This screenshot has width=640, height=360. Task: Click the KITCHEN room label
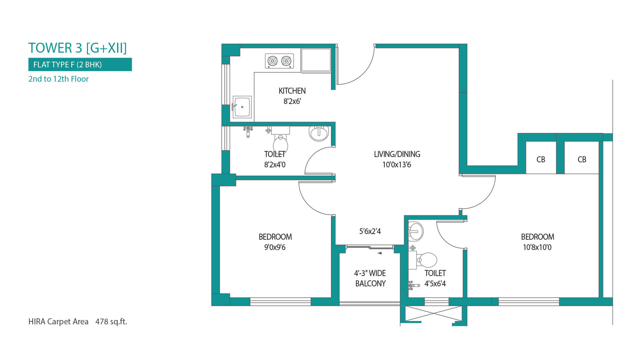click(x=292, y=91)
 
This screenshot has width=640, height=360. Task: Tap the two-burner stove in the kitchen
click(x=279, y=61)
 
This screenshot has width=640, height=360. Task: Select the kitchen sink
click(x=242, y=107)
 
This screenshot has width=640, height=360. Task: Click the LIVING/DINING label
click(x=397, y=154)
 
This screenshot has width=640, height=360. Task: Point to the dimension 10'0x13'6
click(x=397, y=165)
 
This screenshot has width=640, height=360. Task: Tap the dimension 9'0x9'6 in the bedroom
click(x=275, y=247)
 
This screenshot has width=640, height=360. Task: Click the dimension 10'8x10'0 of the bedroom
click(x=537, y=247)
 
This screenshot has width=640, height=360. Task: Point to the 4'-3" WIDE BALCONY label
click(x=370, y=278)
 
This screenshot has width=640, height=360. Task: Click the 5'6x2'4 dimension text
click(x=370, y=231)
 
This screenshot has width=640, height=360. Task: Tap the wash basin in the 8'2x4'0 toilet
click(x=319, y=133)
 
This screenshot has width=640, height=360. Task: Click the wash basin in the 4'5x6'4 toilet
click(x=416, y=231)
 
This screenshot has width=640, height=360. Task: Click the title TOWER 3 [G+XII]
click(x=77, y=48)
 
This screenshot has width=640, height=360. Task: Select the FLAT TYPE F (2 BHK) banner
click(x=80, y=64)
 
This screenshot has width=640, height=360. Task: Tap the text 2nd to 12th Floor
click(x=58, y=79)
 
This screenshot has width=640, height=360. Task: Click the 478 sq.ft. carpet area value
click(x=111, y=322)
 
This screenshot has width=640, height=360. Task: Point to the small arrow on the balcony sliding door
click(x=379, y=253)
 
